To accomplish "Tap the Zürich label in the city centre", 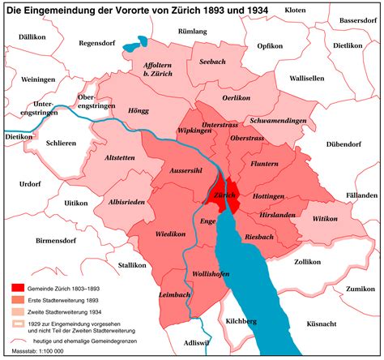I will (x=224, y=196).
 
